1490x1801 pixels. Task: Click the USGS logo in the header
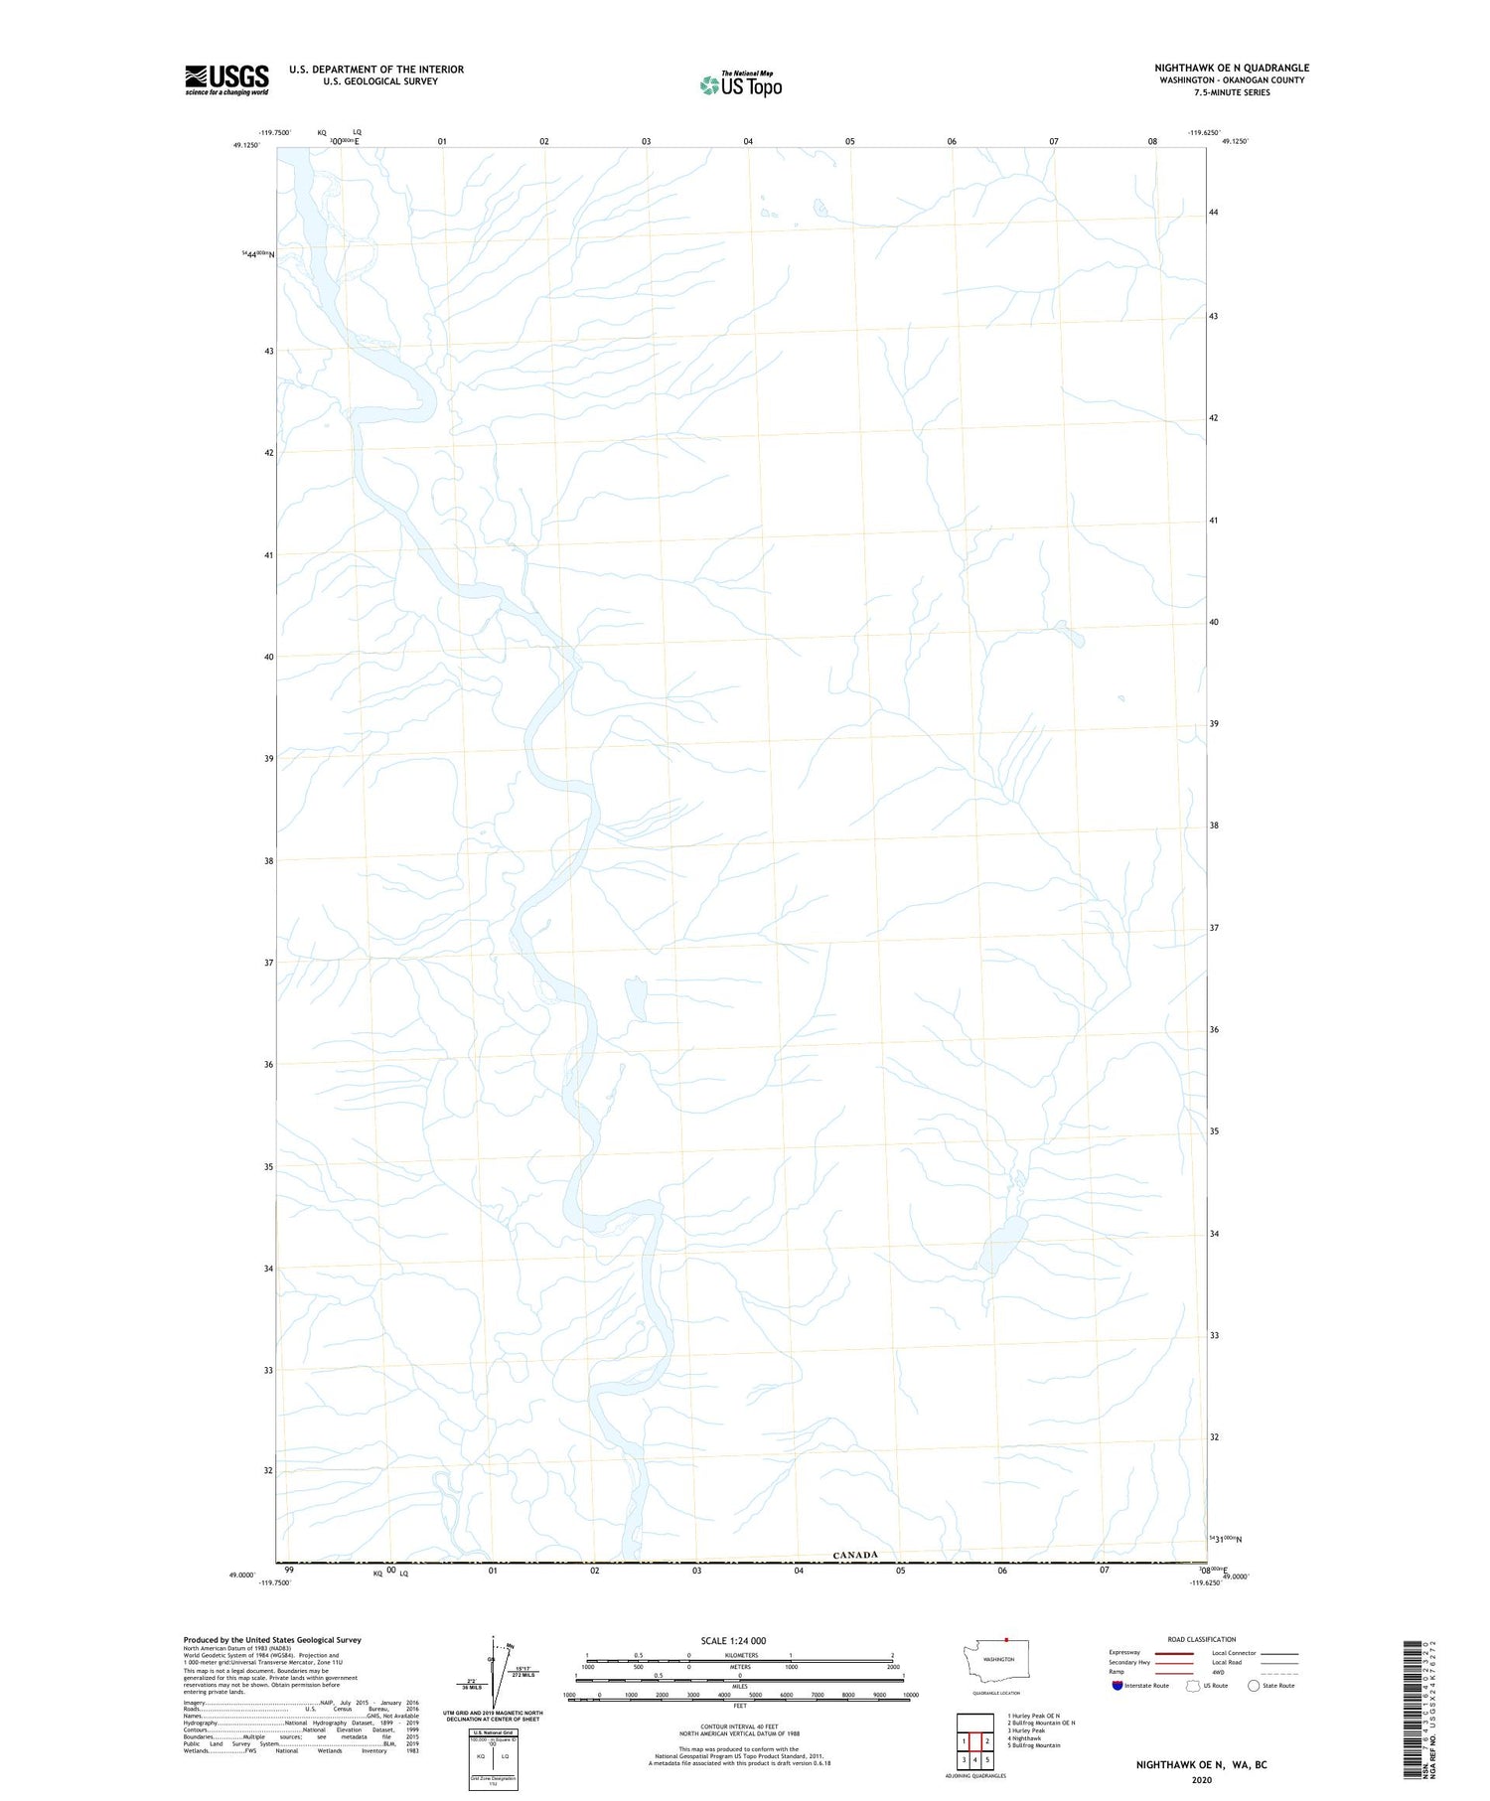[x=226, y=79]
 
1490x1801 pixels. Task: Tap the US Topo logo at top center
[x=741, y=85]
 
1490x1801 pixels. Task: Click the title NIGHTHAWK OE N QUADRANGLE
[x=1231, y=68]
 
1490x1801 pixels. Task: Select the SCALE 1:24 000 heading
[x=733, y=1640]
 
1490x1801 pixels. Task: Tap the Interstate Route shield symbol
[x=1117, y=1685]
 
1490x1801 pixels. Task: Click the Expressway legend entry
[x=1124, y=1653]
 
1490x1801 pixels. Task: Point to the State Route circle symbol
[x=1254, y=1685]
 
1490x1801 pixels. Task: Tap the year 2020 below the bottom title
[x=1201, y=1779]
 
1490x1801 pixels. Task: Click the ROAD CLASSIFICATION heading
[x=1202, y=1639]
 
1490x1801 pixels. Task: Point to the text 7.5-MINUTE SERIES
[x=1232, y=92]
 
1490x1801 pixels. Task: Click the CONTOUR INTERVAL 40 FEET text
[x=739, y=1726]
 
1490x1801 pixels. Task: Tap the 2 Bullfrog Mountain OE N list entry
[x=1041, y=1723]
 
